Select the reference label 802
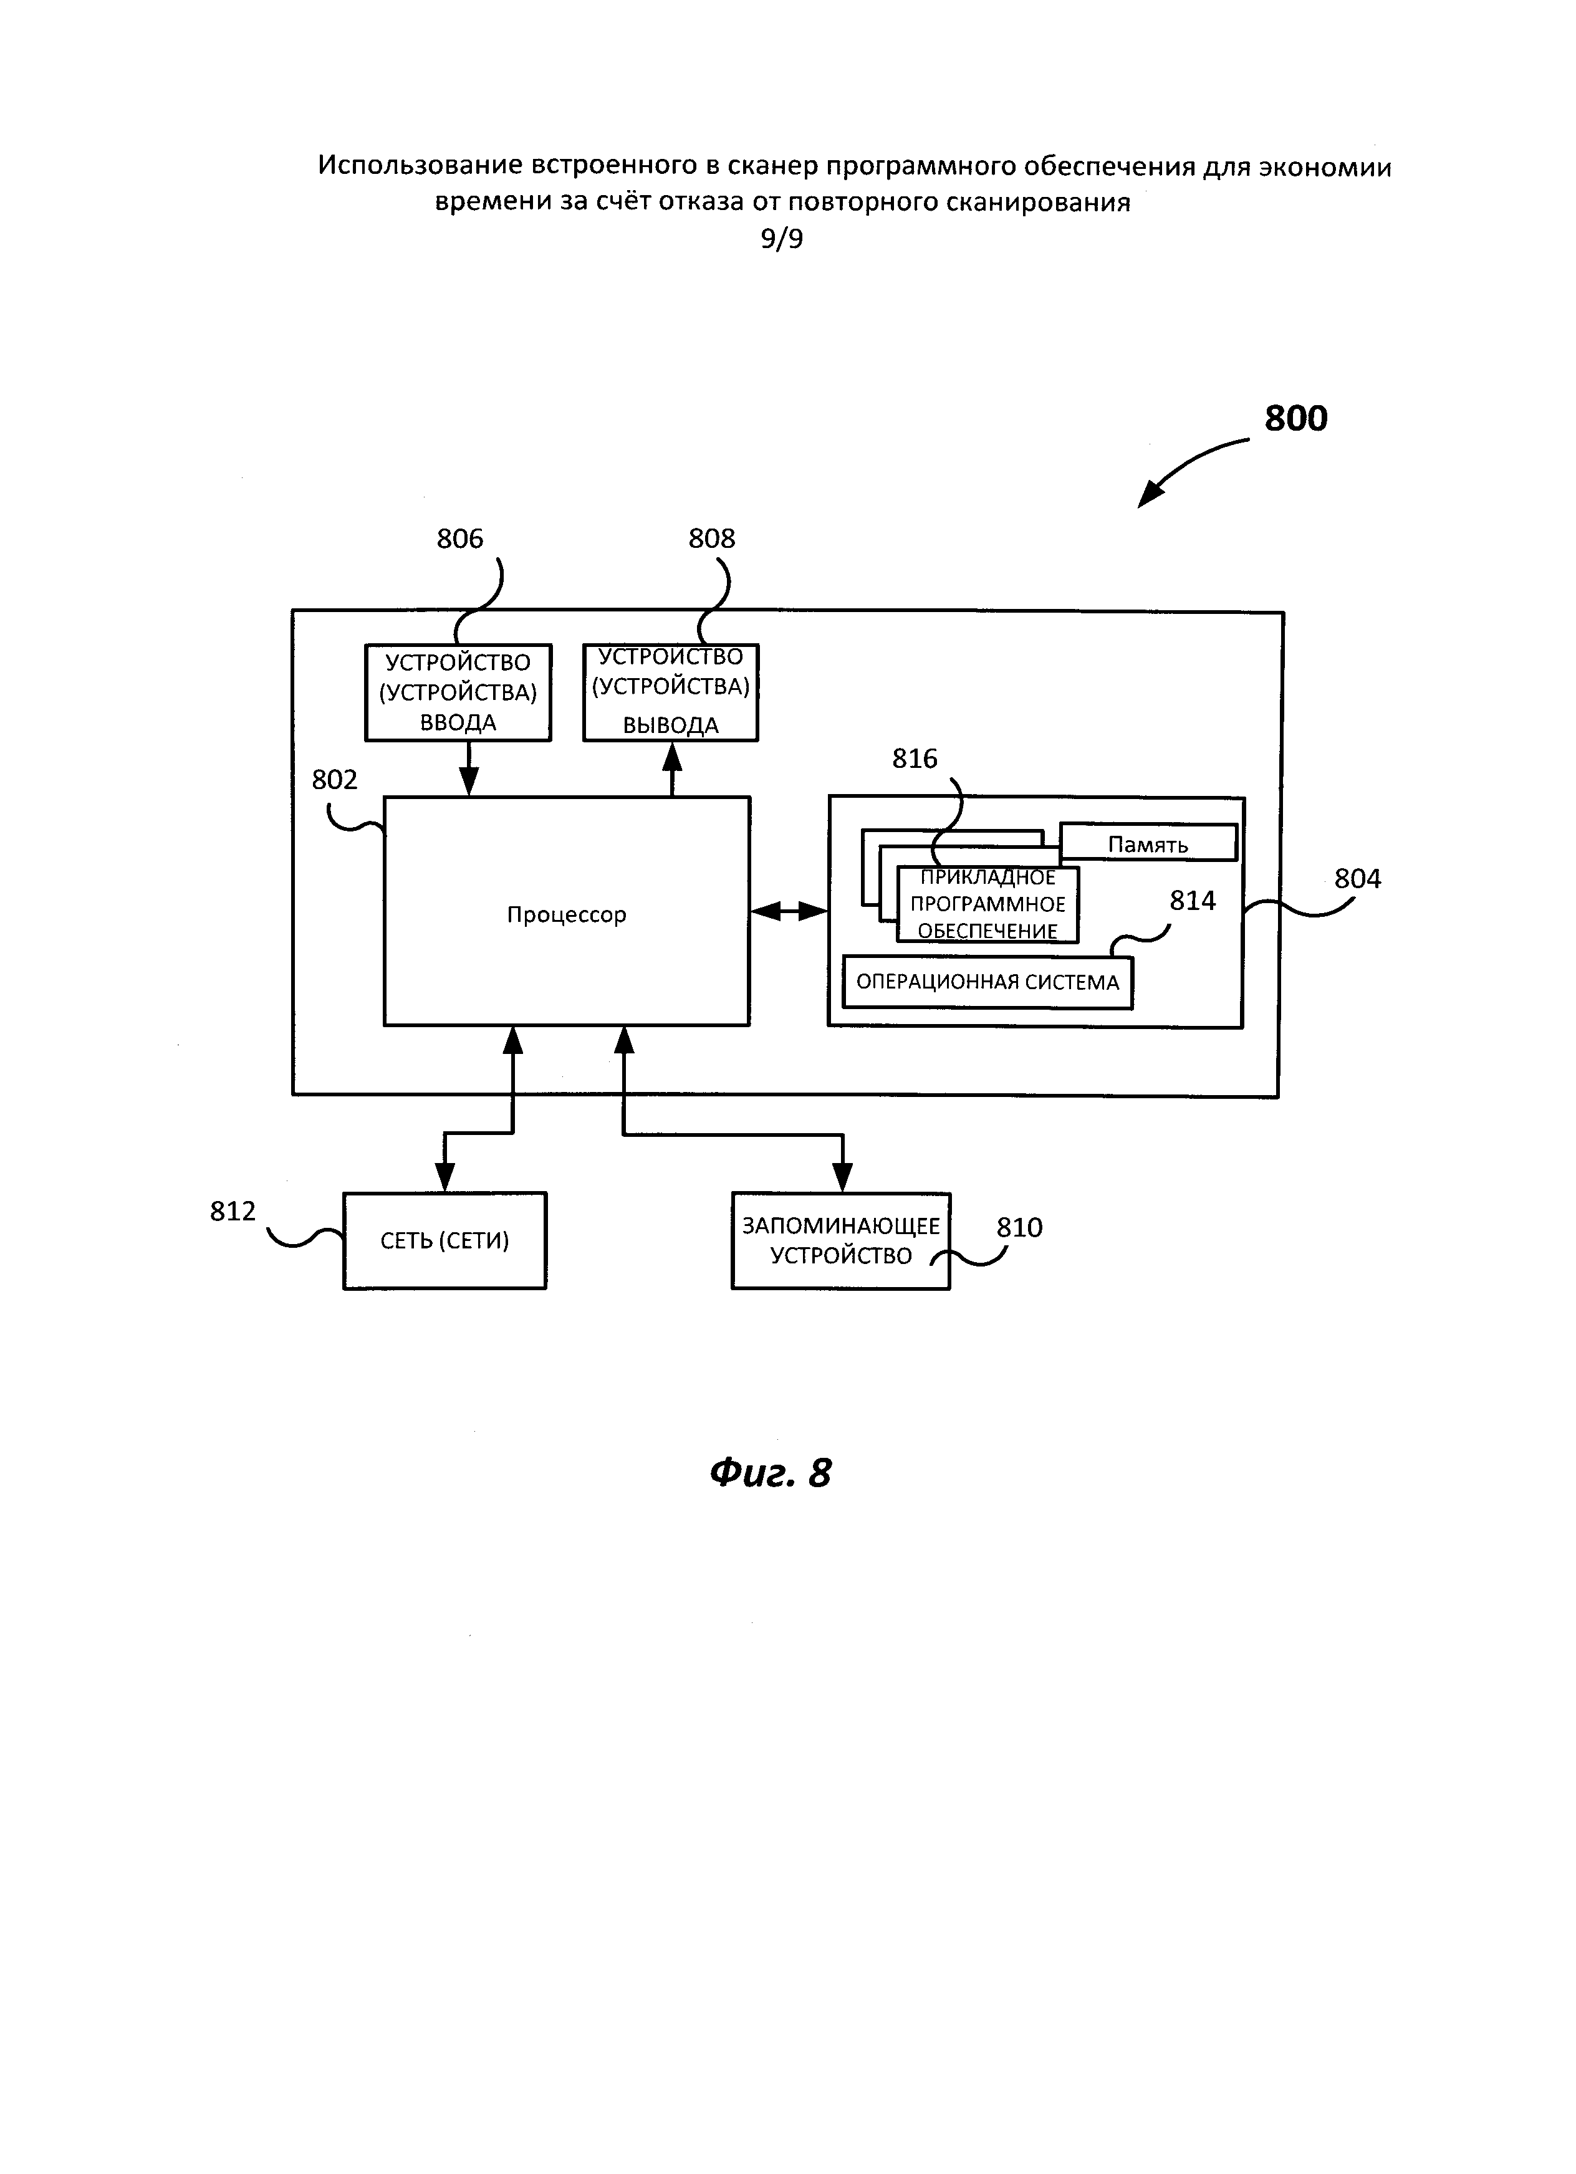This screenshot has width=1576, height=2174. point(335,780)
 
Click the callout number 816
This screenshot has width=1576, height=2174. point(915,759)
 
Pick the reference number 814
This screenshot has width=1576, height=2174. point(1193,901)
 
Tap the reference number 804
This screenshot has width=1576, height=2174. point(1357,879)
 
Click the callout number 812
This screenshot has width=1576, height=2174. point(233,1212)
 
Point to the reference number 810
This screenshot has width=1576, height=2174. point(1019,1228)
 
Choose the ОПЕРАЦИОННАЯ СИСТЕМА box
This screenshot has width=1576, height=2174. point(987,982)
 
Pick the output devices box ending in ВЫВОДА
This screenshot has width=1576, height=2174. point(671,692)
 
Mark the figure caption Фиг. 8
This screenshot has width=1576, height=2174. point(771,1473)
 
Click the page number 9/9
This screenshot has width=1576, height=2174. point(782,239)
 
